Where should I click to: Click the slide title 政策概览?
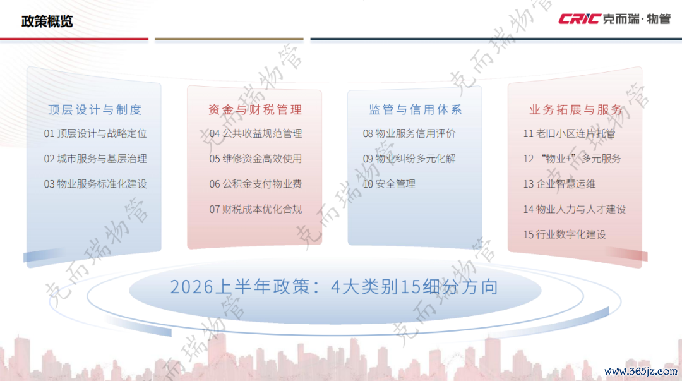[x=47, y=21]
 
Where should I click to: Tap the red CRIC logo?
[x=579, y=19]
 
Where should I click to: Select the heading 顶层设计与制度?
[x=95, y=110]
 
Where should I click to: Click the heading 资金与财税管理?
[x=255, y=110]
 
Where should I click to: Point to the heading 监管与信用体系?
[x=416, y=110]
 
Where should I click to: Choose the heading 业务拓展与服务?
[x=576, y=110]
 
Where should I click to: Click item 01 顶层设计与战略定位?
[x=95, y=134]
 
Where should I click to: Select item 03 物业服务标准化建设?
[x=95, y=184]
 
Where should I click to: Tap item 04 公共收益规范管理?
[x=255, y=134]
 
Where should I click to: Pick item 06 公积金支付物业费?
[x=255, y=184]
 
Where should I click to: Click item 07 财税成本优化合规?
[x=255, y=209]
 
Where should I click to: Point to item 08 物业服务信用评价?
[x=409, y=134]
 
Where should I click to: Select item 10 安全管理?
[x=389, y=184]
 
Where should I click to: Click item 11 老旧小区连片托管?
[x=570, y=134]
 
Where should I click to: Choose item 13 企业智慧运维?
[x=559, y=184]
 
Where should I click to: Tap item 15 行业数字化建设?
[x=565, y=234]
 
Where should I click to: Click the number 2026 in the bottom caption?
[x=192, y=287]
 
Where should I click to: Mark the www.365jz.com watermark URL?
[x=641, y=372]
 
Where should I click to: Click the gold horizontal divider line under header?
[x=229, y=39]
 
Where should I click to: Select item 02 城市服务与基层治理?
[x=95, y=159]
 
